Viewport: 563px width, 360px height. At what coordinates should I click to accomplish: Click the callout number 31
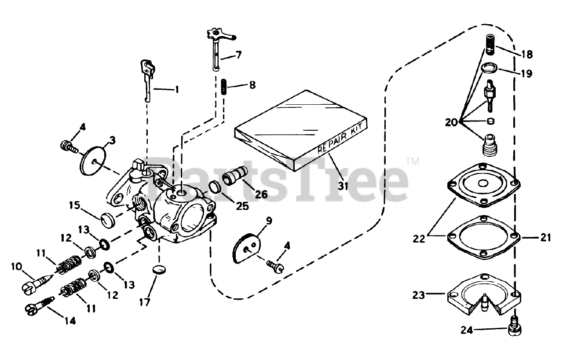click(343, 186)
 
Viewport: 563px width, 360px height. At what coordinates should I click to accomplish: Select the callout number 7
click(238, 55)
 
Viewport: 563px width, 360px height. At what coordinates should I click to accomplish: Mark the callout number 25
click(241, 205)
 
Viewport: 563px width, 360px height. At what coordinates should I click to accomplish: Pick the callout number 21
click(545, 238)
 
